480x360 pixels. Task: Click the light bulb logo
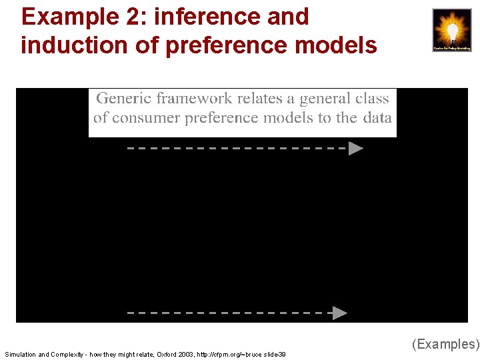point(451,30)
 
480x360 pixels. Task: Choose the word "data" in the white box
point(377,118)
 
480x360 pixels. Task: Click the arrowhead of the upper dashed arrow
point(356,148)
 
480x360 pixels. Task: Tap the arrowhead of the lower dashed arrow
point(340,312)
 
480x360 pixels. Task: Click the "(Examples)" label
point(445,344)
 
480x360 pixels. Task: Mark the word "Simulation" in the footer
point(19,355)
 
